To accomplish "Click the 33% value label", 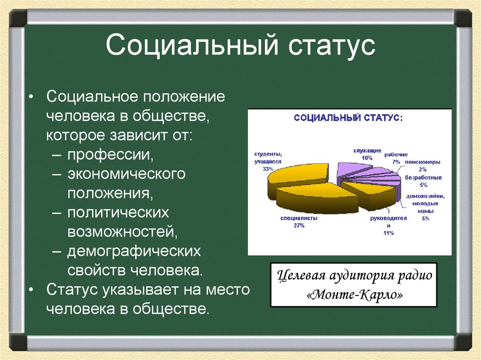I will point(268,169).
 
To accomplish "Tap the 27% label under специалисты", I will point(299,226).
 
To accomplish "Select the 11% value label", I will point(388,233).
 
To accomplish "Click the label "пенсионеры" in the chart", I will point(422,162).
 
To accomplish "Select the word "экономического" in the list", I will point(126,174).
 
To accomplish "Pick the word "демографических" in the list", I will point(134,251).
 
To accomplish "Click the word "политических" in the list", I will point(118,212).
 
